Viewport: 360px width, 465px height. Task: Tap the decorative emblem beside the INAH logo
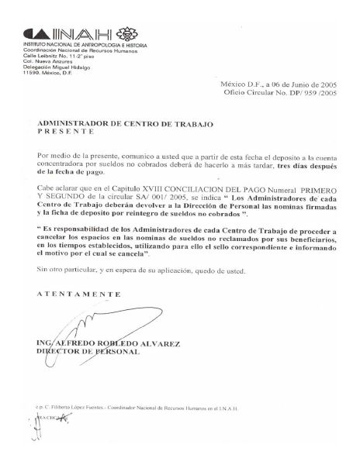(124, 34)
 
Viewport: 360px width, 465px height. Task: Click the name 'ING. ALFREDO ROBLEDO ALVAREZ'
(99, 343)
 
